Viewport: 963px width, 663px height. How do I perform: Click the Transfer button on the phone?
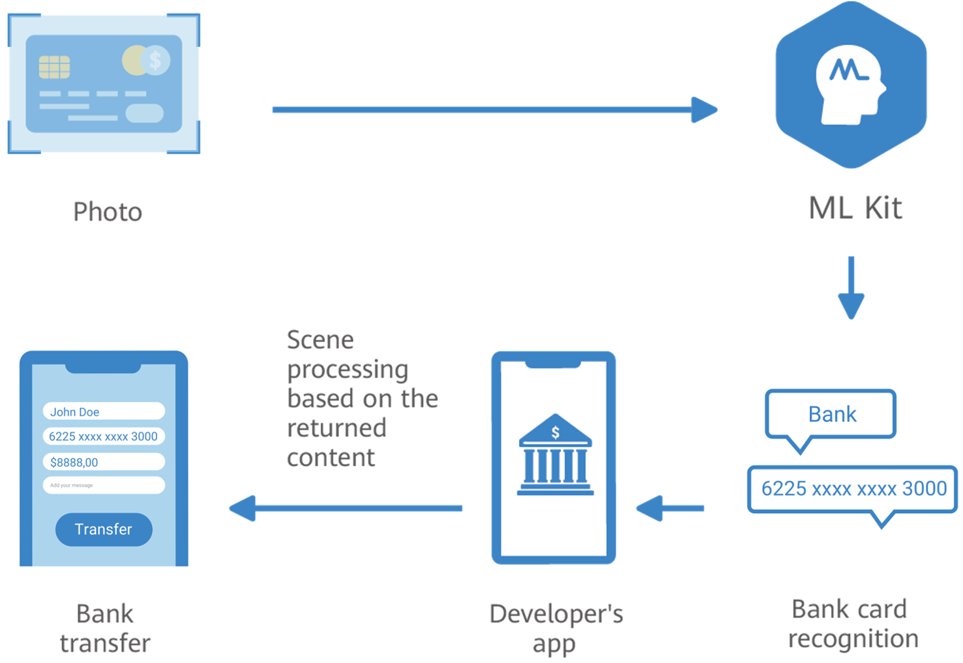pyautogui.click(x=104, y=529)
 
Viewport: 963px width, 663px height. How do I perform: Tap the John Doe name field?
pyautogui.click(x=104, y=411)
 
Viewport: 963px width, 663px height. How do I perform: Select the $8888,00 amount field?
pyautogui.click(x=104, y=462)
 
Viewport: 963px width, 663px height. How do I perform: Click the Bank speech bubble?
pyautogui.click(x=831, y=414)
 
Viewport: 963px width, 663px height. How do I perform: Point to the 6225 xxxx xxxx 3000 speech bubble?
pyautogui.click(x=853, y=489)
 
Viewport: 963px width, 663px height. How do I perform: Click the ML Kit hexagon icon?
pyautogui.click(x=851, y=85)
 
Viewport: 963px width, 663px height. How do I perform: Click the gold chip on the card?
pyautogui.click(x=54, y=66)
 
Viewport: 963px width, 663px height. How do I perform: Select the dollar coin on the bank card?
pyautogui.click(x=155, y=61)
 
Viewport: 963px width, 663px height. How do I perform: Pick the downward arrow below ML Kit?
pyautogui.click(x=851, y=287)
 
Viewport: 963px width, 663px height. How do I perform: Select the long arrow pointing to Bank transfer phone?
pyautogui.click(x=346, y=508)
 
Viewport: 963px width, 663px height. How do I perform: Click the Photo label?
pyautogui.click(x=108, y=212)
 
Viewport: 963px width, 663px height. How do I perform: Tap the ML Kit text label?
pyautogui.click(x=855, y=209)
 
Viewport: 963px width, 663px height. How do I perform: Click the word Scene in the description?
pyautogui.click(x=320, y=340)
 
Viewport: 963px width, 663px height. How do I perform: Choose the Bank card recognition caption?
pyautogui.click(x=852, y=624)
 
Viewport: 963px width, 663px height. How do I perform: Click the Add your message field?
pyautogui.click(x=104, y=485)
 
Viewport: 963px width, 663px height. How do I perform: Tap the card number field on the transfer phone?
pyautogui.click(x=104, y=436)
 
